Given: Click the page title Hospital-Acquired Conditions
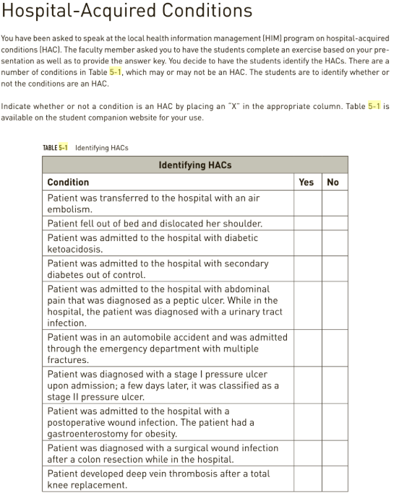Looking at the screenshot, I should (126, 12).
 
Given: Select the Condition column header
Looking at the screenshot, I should (68, 182).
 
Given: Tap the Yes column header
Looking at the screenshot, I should (306, 182).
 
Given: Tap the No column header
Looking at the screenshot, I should (332, 182).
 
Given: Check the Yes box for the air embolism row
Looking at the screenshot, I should (306, 203).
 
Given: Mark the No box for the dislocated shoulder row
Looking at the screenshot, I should (333, 224).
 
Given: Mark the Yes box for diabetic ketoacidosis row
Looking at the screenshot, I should (306, 243).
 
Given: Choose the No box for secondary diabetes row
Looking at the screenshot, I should (333, 269).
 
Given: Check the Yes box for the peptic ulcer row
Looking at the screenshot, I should (306, 306).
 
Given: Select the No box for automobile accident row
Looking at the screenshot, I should (333, 349).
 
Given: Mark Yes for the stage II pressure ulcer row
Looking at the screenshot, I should (306, 385).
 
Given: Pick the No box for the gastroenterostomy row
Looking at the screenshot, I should (333, 422).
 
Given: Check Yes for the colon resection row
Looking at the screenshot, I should (306, 453).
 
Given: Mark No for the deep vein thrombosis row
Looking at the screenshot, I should (333, 479).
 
